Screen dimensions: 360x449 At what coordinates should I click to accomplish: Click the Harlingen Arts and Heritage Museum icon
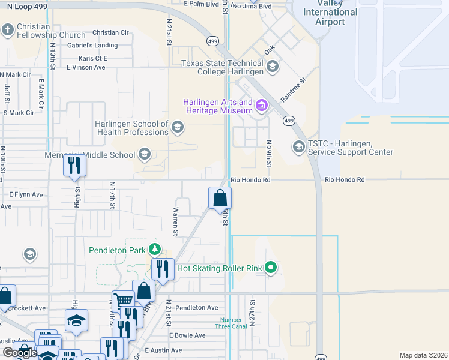click(x=261, y=107)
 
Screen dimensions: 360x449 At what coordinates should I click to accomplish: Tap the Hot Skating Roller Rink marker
click(x=271, y=268)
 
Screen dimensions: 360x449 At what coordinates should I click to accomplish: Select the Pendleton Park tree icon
click(x=155, y=250)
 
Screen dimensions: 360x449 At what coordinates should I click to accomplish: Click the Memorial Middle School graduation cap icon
click(x=144, y=155)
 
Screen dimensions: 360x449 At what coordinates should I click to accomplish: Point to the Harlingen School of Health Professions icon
click(x=177, y=127)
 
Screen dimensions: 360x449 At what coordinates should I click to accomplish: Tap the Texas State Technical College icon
click(x=273, y=67)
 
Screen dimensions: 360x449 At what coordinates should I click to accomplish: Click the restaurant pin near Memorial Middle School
click(x=74, y=164)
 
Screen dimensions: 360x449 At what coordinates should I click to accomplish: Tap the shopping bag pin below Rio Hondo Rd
click(x=220, y=197)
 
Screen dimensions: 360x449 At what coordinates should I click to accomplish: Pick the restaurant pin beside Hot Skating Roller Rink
click(x=162, y=269)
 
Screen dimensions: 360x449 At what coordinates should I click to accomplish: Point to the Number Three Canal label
click(x=231, y=323)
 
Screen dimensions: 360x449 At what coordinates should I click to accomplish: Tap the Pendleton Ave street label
click(x=197, y=308)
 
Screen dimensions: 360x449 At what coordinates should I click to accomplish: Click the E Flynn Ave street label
click(x=26, y=194)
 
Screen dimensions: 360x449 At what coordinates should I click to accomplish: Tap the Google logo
click(x=19, y=353)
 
